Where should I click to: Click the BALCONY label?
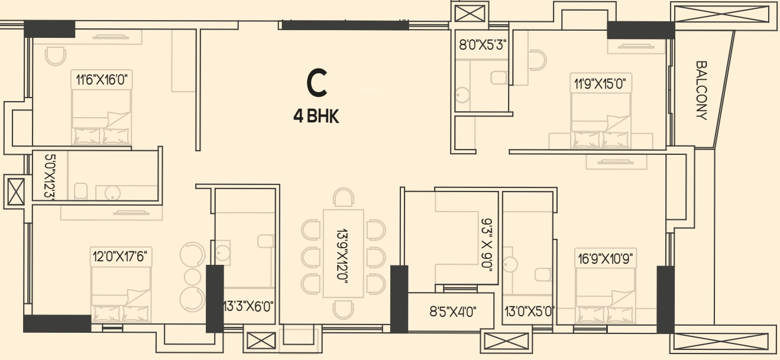click(702, 90)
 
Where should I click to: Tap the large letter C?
click(317, 83)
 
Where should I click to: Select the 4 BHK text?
click(316, 116)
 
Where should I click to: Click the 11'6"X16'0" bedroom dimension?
click(102, 79)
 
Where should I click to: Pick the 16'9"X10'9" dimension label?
click(606, 258)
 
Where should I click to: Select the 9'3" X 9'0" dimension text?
click(487, 244)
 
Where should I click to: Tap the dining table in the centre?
click(342, 253)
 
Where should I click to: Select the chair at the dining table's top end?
click(343, 197)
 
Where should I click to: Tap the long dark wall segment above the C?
click(345, 25)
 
